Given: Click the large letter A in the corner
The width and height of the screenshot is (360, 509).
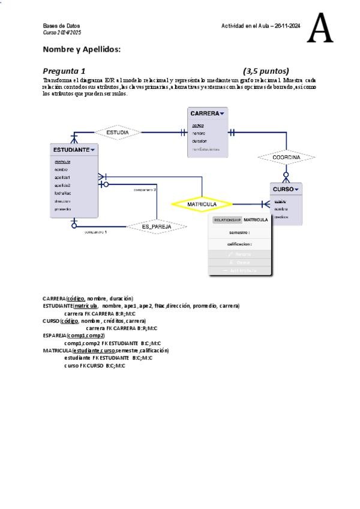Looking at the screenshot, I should tap(320, 29).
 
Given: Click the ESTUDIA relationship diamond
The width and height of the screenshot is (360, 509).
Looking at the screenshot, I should tap(118, 132).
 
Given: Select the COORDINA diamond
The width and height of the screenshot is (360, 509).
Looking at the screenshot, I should tap(286, 157).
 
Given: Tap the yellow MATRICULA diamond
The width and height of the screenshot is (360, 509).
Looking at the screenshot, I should tap(202, 204).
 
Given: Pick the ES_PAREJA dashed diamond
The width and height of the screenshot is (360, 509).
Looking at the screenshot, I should tap(157, 226).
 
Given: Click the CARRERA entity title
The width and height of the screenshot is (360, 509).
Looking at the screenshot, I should tap(205, 113).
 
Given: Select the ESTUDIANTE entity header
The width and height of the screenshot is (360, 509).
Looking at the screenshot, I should tap(72, 149).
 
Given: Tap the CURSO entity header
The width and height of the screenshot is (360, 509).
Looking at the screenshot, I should tap(284, 189).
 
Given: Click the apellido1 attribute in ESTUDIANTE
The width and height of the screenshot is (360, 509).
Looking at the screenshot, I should tap(62, 178).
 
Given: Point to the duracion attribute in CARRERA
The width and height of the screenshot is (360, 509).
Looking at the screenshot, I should tap(199, 141).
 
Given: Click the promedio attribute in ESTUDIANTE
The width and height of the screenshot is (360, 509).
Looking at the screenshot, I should tap(63, 209).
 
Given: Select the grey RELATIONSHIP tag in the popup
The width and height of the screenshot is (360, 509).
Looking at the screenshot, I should tap(227, 220).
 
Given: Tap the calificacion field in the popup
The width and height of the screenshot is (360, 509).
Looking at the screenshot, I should tap(239, 244).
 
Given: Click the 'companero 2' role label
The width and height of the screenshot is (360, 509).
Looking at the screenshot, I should tap(145, 190).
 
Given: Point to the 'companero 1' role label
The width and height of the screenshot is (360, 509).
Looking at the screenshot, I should tap(95, 231).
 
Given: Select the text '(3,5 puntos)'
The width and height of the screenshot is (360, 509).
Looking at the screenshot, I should tap(266, 71).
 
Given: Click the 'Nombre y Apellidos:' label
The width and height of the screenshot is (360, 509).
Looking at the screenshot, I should tap(82, 49).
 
